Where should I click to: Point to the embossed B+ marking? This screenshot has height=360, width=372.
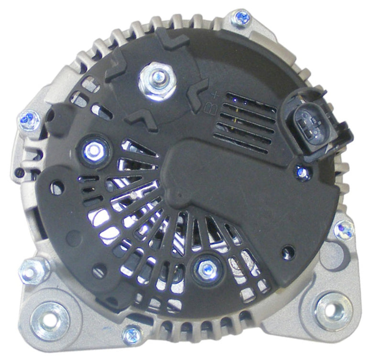tap(210, 102)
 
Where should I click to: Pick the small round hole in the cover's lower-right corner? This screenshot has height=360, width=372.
tap(288, 250)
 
